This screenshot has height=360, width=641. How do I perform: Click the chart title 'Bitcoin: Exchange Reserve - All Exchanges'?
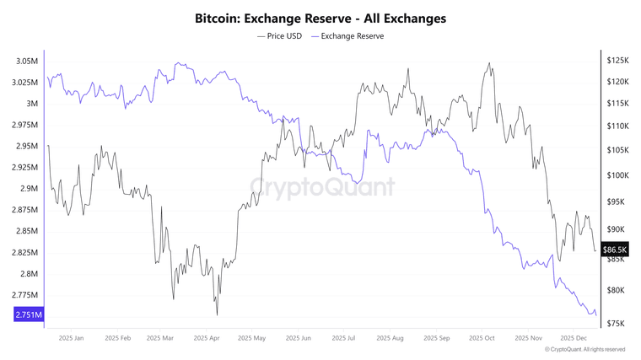tap(320, 17)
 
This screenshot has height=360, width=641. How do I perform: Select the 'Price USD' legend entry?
tap(280, 36)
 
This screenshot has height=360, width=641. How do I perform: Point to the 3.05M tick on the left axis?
tap(26, 62)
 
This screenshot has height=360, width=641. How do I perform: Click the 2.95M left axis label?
tap(26, 146)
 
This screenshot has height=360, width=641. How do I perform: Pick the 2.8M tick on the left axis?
tap(29, 274)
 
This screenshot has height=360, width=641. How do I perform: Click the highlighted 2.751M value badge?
tap(28, 314)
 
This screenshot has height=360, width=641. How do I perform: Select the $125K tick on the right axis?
tap(617, 61)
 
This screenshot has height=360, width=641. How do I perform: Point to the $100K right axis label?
tap(617, 175)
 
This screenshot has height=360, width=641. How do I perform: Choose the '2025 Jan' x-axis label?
tap(72, 338)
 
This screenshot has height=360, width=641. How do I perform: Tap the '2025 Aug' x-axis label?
tap(387, 338)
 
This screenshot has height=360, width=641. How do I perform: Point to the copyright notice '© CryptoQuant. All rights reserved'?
tap(584, 349)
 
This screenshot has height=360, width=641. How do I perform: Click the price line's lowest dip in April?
tap(217, 314)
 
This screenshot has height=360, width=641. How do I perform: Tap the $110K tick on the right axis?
tap(617, 126)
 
